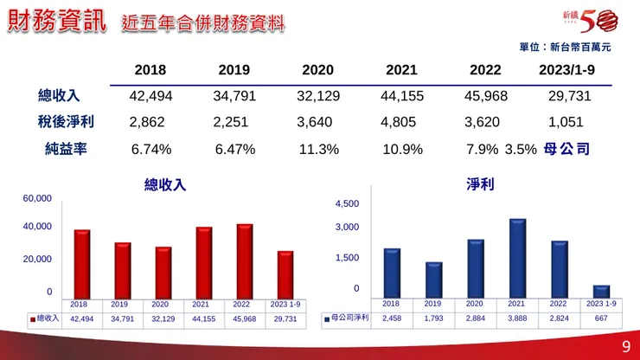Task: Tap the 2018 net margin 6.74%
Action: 151,149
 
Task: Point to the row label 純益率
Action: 66,149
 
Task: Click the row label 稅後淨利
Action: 66,122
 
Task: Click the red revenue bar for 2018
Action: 82,264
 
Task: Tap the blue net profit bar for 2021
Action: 517,258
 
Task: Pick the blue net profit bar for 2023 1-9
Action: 601,291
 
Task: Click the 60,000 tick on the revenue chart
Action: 37,199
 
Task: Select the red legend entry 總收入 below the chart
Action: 44,318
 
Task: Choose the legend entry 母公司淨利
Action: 346,318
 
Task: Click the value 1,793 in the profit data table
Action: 432,318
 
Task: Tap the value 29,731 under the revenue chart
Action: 285,318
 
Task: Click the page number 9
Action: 625,347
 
